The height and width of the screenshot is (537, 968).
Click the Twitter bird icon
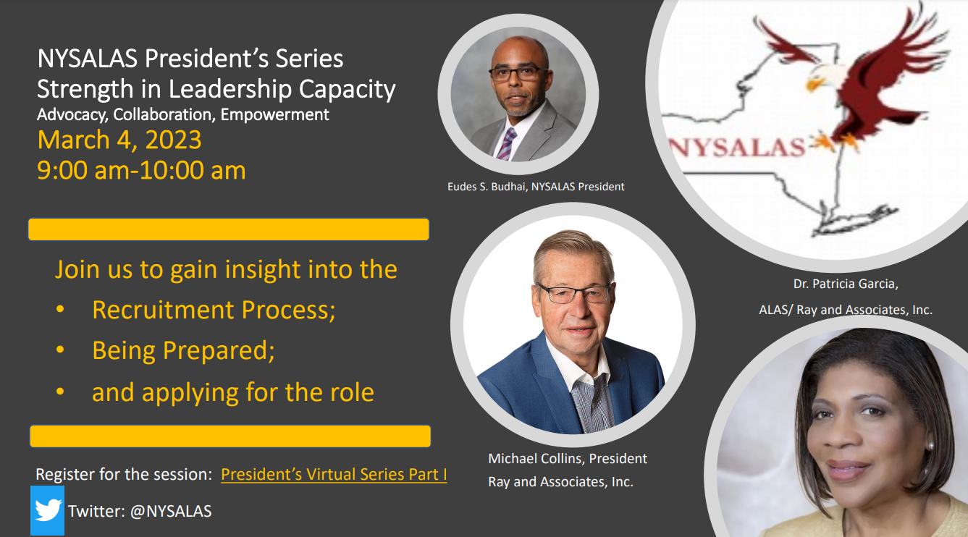tap(48, 510)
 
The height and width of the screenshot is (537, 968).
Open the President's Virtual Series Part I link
tap(334, 474)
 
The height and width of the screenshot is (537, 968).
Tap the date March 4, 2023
tap(119, 140)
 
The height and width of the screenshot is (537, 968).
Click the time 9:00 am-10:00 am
tap(141, 170)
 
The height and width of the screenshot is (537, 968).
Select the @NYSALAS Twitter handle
tap(171, 511)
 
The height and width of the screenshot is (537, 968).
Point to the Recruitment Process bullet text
tap(214, 310)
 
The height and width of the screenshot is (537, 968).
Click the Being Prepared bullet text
tap(183, 350)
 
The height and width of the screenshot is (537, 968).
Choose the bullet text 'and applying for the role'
tap(233, 392)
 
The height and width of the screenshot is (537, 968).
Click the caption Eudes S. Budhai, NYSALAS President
tap(536, 187)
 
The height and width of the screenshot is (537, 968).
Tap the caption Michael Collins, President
tap(568, 458)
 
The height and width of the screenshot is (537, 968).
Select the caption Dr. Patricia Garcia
tap(845, 284)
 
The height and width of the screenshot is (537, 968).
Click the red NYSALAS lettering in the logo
tap(737, 147)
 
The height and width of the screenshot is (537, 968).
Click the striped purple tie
tap(507, 144)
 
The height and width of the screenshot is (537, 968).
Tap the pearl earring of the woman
tap(929, 445)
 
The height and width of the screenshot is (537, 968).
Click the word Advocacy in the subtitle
tap(72, 115)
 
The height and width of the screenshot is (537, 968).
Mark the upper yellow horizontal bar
tap(229, 229)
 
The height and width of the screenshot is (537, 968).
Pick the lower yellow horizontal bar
tap(230, 436)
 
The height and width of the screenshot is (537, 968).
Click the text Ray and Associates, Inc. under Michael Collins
tap(560, 482)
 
